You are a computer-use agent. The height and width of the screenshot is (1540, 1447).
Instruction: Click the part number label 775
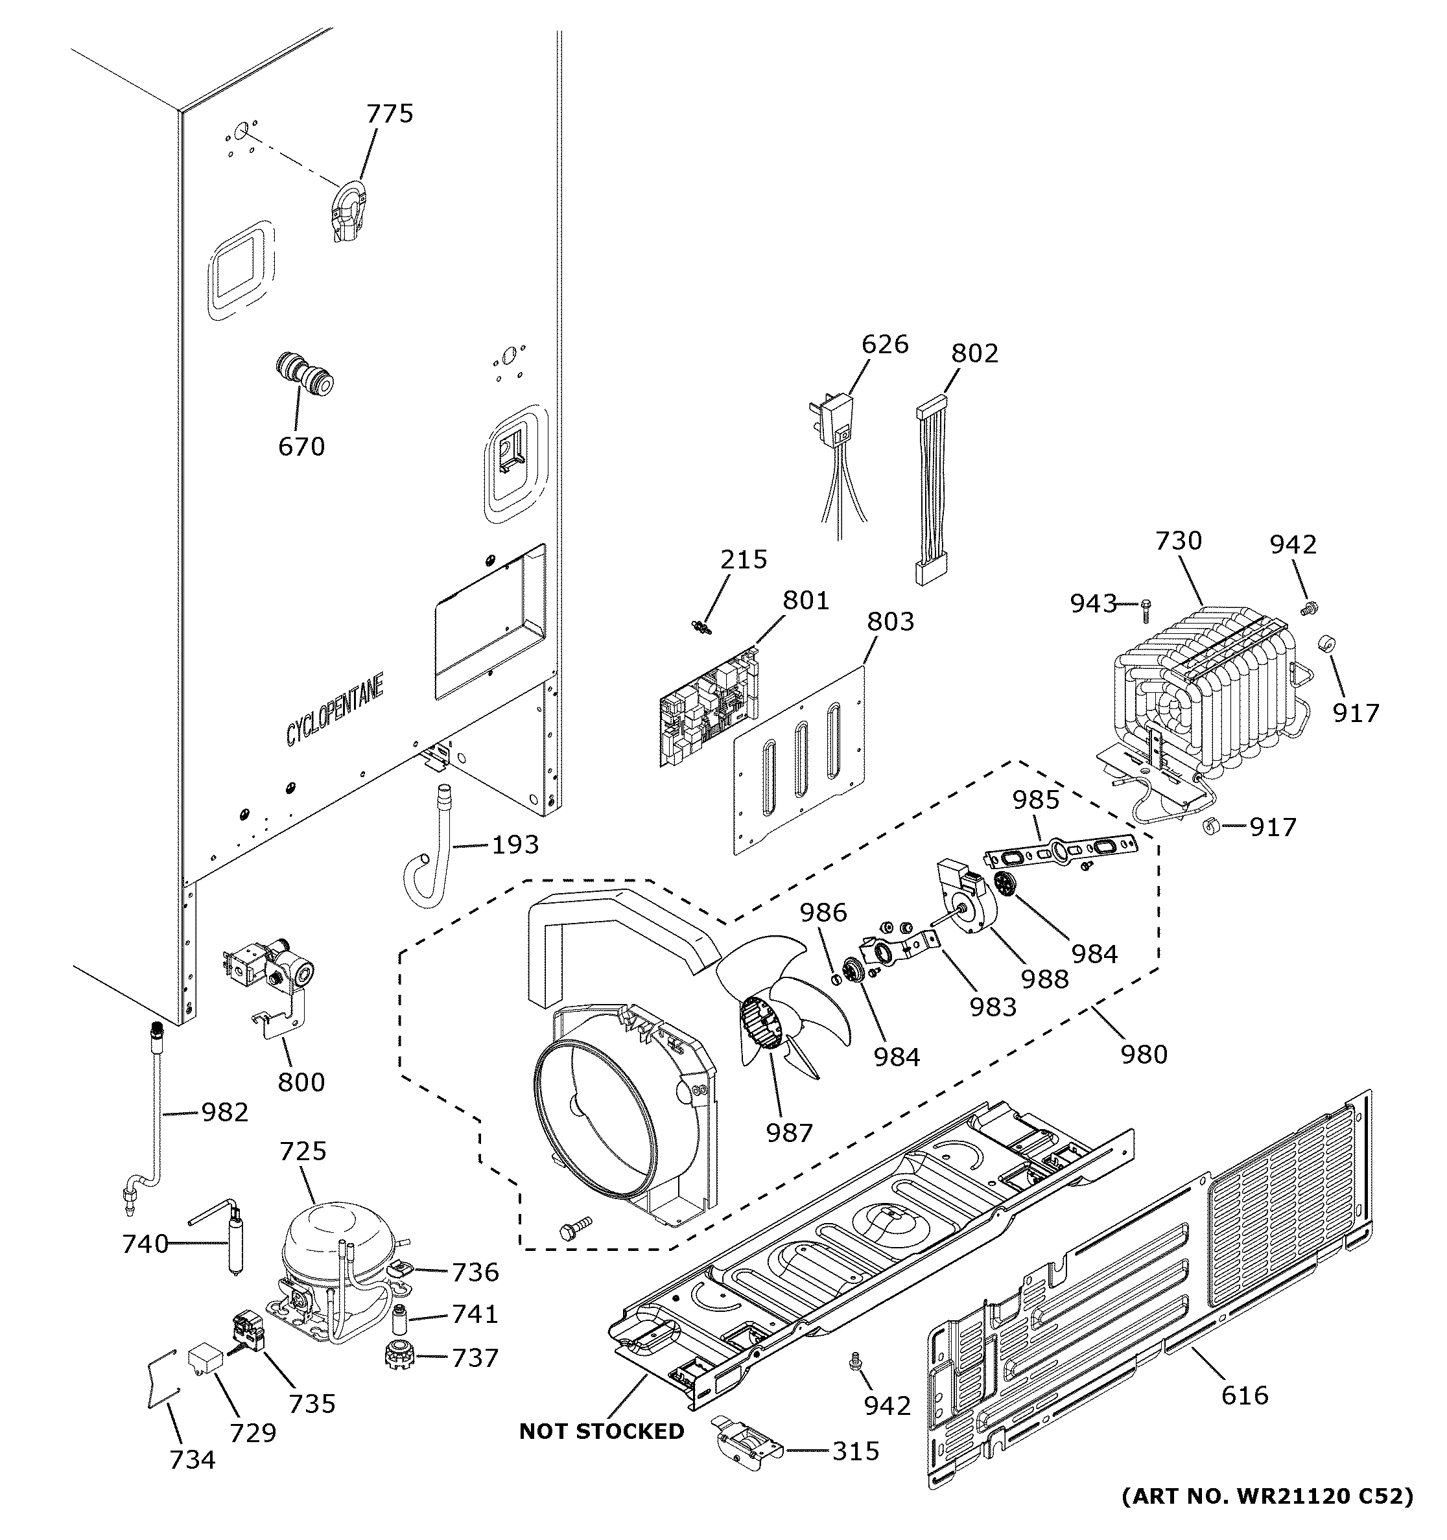390,114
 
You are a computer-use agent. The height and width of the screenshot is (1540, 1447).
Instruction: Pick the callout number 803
890,622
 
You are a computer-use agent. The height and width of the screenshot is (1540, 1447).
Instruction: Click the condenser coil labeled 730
1201,697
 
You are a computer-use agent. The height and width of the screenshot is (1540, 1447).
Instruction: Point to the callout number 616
1245,1395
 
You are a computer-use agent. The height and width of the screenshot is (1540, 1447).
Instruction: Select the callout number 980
1144,1055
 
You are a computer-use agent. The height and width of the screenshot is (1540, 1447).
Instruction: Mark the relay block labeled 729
206,1361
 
